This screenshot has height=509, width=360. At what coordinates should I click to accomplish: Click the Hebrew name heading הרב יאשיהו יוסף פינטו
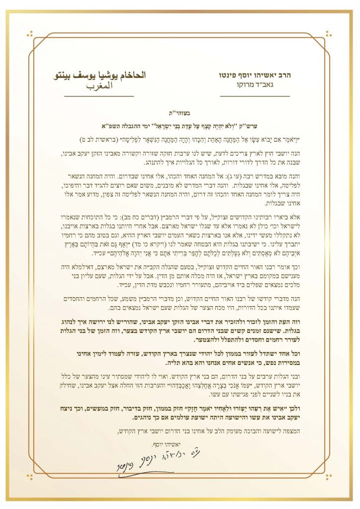[255, 76]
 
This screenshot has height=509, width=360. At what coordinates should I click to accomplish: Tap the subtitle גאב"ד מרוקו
[255, 86]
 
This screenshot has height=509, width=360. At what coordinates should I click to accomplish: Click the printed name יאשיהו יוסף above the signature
[157, 443]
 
